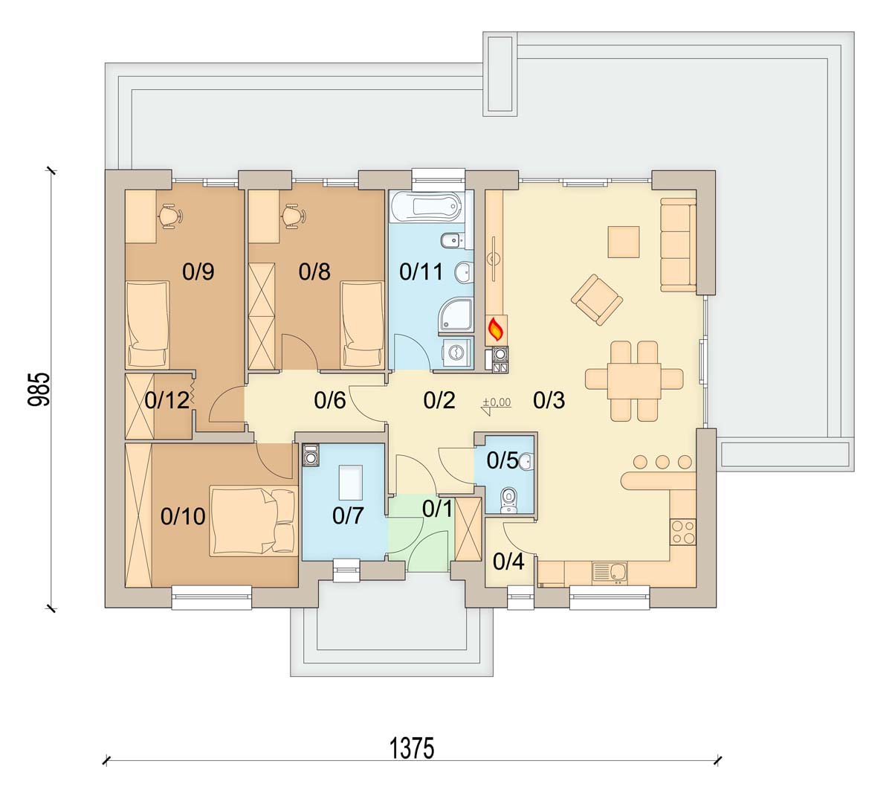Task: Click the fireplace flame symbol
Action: [497, 330]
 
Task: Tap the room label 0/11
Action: [421, 272]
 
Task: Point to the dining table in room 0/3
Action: [634, 379]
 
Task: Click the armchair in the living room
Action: [597, 299]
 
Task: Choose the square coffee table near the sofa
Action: [624, 242]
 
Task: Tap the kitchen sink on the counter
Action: [610, 573]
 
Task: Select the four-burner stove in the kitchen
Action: [683, 532]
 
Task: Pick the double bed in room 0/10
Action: [253, 521]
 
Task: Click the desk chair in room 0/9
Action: [170, 216]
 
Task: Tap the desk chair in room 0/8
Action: [293, 216]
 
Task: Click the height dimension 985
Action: [39, 390]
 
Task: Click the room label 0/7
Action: [348, 515]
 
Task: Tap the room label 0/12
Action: [167, 399]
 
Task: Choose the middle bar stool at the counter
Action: [662, 462]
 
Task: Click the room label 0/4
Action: [508, 562]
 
